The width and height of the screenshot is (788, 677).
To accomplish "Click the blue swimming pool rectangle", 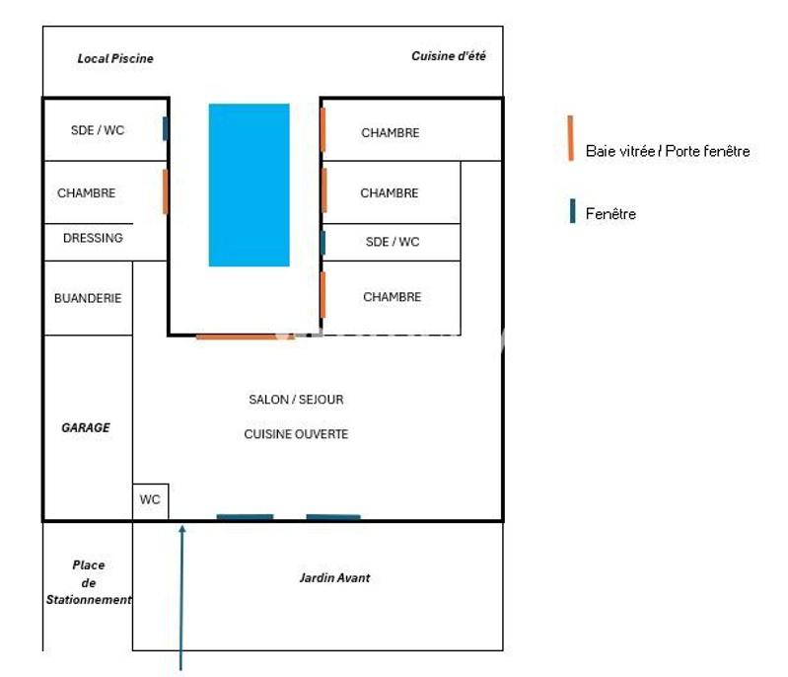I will coord(249,185).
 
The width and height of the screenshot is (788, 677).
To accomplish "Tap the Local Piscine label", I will coord(115,58).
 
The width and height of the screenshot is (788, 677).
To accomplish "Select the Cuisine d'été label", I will coord(449,56).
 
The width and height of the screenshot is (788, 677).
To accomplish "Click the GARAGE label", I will coord(86,427).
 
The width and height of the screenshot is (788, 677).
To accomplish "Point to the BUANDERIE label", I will coord(88,297).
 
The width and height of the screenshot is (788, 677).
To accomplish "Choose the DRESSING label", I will coord(93,238).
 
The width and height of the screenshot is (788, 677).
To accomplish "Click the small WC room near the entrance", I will coord(150,500).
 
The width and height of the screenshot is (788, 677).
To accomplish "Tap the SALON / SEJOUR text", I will coord(296,400).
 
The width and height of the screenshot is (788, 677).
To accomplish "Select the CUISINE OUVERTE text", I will coord(296,434).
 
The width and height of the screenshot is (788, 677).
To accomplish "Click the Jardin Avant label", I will coord(335,577).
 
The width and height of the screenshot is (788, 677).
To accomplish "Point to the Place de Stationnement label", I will coord(88,582).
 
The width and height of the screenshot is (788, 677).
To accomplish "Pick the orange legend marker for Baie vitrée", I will coord(571,138).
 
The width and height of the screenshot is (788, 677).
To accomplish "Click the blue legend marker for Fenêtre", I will coord(572,211).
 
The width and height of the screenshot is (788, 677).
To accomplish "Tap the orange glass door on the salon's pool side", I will coord(245,337).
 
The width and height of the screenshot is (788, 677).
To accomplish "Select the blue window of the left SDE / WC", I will coord(166,129).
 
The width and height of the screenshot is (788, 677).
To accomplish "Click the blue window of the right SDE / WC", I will coord(322,242).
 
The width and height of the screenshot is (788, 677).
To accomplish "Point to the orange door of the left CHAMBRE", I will coord(166,191).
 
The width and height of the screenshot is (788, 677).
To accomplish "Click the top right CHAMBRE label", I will coord(390,132).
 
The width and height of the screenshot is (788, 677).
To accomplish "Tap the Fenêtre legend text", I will coord(610,213).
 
